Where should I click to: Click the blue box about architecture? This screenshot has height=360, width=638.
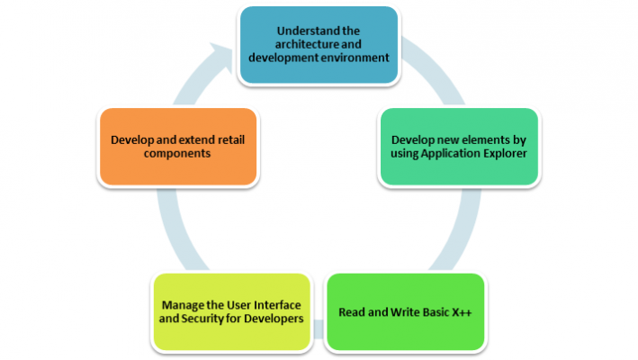click(319, 45)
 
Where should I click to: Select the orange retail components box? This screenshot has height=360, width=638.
click(178, 147)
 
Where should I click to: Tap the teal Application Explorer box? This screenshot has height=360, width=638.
click(459, 147)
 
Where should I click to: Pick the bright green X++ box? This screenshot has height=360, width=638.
click(406, 311)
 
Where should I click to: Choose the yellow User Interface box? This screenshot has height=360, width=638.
click(231, 311)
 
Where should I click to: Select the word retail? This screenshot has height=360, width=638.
click(231, 139)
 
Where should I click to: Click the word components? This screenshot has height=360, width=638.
click(177, 154)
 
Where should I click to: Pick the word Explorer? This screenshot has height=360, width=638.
click(505, 153)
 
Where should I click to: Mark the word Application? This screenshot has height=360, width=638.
click(451, 154)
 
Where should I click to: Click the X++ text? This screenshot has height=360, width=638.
click(462, 312)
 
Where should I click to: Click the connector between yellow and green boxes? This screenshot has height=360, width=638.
click(319, 329)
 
